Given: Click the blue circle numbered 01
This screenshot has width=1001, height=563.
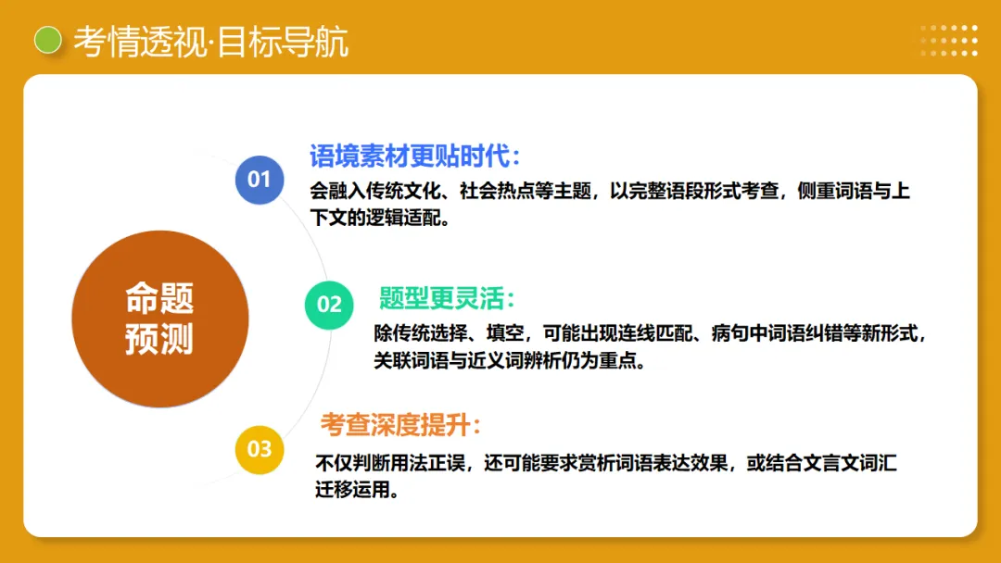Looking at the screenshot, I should tap(260, 179).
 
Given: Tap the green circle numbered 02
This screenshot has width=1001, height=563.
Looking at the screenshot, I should tap(329, 304).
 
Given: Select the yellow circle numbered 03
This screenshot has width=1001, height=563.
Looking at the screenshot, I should tap(260, 450).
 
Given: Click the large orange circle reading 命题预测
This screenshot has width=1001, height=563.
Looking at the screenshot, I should tap(160, 319).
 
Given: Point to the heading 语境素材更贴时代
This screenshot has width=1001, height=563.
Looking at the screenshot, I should tap(414, 156).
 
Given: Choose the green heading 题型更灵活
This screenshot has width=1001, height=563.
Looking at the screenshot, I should tap(446, 298).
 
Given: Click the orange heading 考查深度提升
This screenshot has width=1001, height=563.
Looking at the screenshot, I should tap(400, 425).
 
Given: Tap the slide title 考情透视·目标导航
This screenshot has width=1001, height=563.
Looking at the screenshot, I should tap(211, 42).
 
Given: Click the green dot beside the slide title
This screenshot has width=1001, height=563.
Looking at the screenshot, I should tap(47, 41).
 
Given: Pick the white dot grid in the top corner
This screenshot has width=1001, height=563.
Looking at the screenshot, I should tap(949, 41).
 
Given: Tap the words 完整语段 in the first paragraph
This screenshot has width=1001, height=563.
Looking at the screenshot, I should tap(665, 192).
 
